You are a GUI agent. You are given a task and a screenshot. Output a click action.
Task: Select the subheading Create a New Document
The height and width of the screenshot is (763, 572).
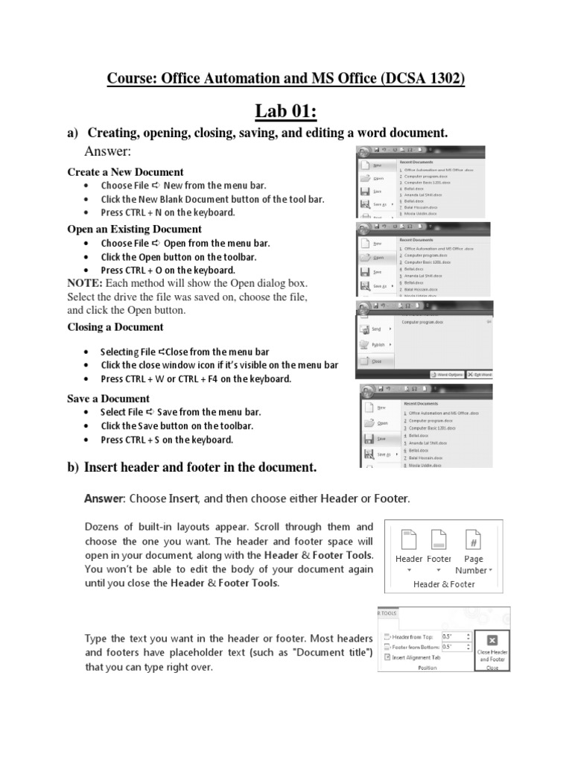[x=125, y=172]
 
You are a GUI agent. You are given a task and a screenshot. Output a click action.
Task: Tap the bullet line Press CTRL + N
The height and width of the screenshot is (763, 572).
[x=168, y=212]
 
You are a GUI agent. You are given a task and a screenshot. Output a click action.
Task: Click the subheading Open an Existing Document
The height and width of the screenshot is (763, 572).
[x=134, y=229]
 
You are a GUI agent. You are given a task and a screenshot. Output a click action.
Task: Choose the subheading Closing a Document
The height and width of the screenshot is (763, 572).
[x=115, y=327]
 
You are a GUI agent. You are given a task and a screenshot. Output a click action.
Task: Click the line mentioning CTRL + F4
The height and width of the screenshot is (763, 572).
[x=196, y=379]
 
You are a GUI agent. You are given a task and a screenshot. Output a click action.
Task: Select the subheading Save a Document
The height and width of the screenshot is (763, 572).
[x=108, y=399]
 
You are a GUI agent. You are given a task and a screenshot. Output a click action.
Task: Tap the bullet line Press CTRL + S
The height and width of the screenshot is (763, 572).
[x=167, y=440]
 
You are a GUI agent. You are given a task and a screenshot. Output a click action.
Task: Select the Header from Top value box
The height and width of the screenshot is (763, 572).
[x=456, y=636]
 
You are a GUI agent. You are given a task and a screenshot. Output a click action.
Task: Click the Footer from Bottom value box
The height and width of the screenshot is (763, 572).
[x=456, y=647]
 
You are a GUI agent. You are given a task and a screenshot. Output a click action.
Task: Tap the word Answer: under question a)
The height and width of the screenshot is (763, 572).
[x=109, y=153]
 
